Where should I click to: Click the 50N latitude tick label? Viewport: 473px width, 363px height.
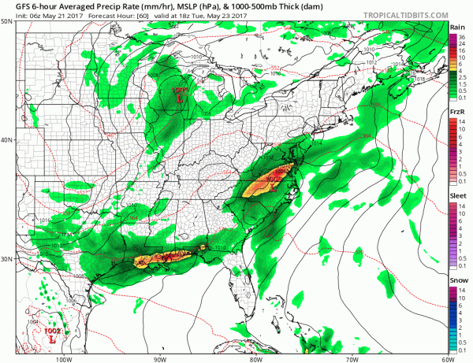(x=6, y=21)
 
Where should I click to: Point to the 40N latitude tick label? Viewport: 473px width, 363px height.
(x=6, y=140)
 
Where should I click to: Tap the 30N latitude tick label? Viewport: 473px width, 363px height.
(x=6, y=259)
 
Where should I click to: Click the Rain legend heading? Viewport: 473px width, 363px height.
(x=456, y=27)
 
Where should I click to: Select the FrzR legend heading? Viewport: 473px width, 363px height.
(x=456, y=113)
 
